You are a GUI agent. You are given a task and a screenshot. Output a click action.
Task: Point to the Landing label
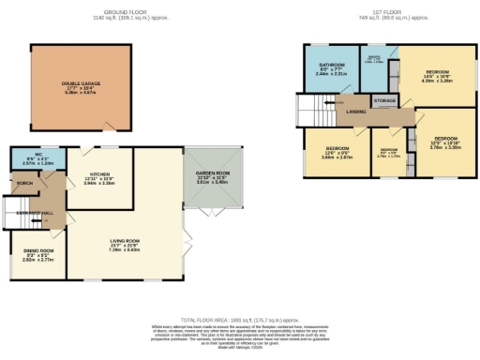[x=356, y=112]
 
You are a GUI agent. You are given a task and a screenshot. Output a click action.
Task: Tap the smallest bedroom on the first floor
[x=388, y=154]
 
